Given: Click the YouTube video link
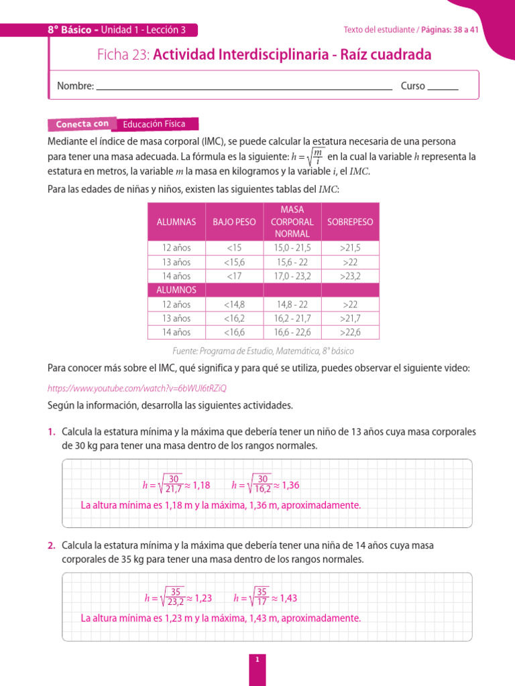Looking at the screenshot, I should (137, 389).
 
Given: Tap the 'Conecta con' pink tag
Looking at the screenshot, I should (82, 124).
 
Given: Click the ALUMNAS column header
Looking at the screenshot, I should (176, 222).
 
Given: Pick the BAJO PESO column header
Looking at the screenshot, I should (234, 222).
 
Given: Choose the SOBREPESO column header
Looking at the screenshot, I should (350, 222).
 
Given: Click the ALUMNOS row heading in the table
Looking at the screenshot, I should (176, 289).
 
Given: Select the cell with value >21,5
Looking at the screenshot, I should (350, 248).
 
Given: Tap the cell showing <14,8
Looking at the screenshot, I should (234, 304).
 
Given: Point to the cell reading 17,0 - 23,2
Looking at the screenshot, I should (292, 276).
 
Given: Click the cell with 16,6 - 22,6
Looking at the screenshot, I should (292, 332).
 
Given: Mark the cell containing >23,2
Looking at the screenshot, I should (350, 276).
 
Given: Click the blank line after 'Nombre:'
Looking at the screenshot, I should (244, 86).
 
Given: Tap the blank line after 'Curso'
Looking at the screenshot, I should (443, 86).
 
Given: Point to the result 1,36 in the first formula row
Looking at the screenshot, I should (290, 485).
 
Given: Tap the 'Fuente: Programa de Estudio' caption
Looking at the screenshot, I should (263, 351).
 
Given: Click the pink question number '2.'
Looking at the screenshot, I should (52, 546).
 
